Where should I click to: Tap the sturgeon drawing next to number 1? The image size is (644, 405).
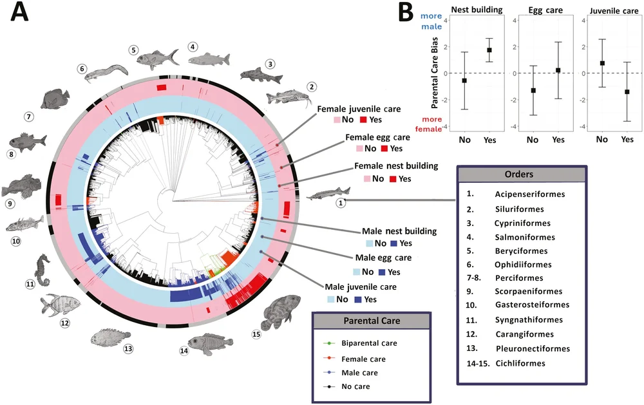(x=328, y=193)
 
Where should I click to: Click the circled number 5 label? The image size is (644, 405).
(x=133, y=50)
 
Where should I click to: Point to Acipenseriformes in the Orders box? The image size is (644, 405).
(x=530, y=194)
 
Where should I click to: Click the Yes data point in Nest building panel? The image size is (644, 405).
(x=489, y=50)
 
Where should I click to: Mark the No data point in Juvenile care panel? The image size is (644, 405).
(x=602, y=63)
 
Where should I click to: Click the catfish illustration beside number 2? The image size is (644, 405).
(x=289, y=97)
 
